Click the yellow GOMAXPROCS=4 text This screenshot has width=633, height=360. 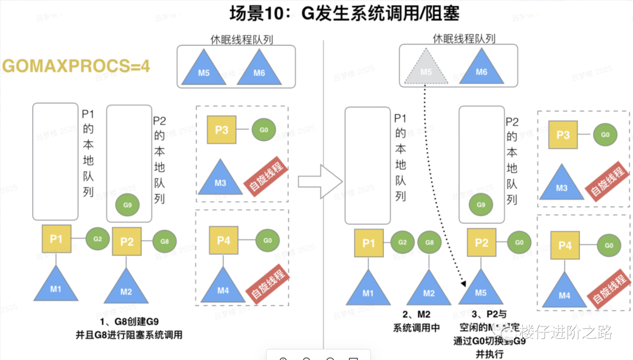click(77, 66)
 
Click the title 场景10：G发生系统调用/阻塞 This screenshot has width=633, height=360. click(344, 13)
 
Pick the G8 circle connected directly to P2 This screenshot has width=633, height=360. click(165, 240)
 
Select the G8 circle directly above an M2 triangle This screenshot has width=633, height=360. click(430, 242)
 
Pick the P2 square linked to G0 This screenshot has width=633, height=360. click(481, 242)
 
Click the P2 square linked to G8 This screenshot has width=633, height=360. click(127, 241)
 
